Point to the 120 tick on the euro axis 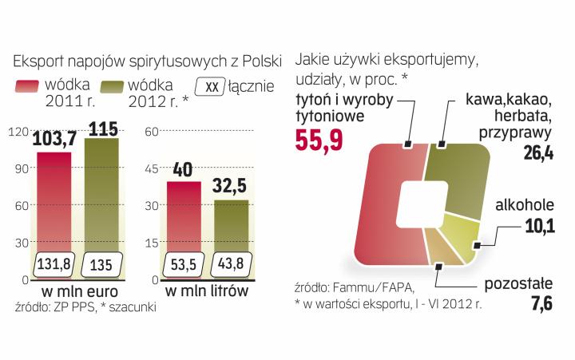(x=16, y=133)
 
